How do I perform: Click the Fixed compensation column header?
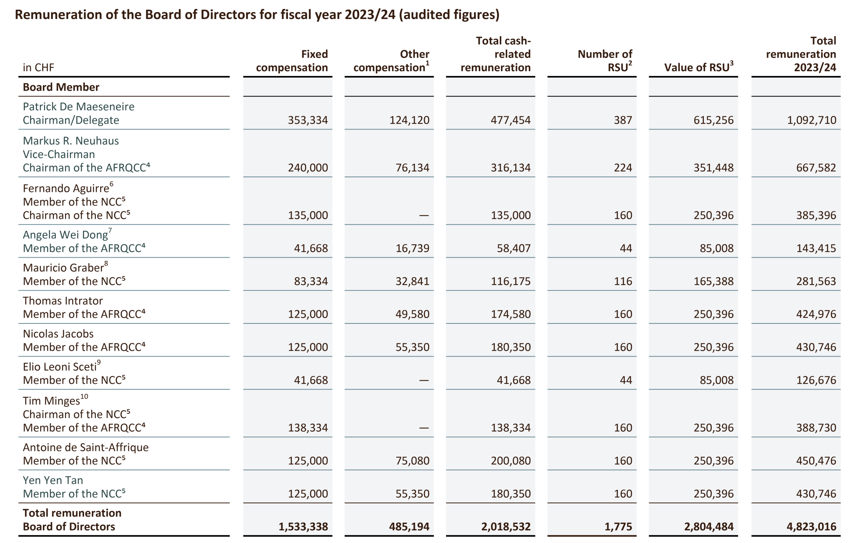coord(292,61)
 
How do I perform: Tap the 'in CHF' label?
coord(39,68)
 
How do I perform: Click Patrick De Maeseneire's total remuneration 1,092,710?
coord(811,120)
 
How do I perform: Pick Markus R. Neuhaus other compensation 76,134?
coord(413,168)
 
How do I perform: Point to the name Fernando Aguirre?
coord(66,188)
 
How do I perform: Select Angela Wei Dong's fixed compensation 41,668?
coord(311,248)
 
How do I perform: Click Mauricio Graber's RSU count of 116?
coord(623,281)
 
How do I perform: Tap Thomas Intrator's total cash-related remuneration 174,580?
coord(511,314)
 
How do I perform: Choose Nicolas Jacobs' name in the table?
coord(58,334)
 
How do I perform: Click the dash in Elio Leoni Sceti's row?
coord(424,380)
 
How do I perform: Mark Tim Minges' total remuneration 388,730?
coord(816,428)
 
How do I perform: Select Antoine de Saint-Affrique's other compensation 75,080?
coord(413,461)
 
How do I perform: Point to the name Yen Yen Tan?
coord(53,480)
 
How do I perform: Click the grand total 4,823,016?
coord(811,527)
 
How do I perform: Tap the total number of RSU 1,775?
coord(618,527)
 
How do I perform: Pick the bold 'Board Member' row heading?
coord(61,87)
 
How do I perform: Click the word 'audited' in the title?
coord(427,15)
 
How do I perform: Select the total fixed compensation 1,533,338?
coord(303,527)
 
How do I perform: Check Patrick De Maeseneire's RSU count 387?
coord(623,120)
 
